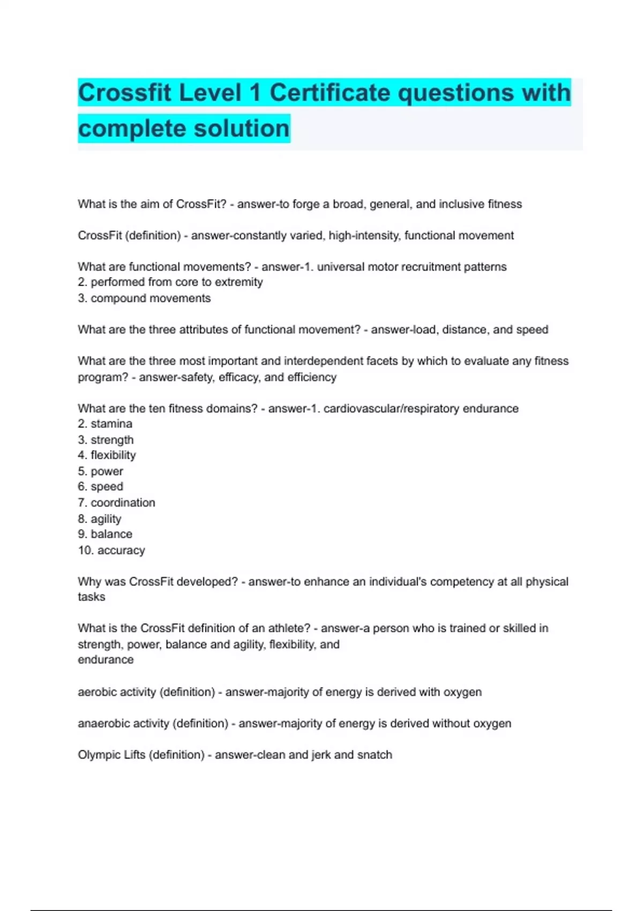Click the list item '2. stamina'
105,424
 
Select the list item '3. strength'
106,440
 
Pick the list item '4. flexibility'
107,455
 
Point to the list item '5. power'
100,472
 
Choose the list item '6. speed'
100,487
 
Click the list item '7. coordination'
116,503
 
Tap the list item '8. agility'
100,519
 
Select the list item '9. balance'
105,534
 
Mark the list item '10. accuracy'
111,550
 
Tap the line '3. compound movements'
144,298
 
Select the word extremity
238,282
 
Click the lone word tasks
92,597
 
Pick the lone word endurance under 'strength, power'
106,660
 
